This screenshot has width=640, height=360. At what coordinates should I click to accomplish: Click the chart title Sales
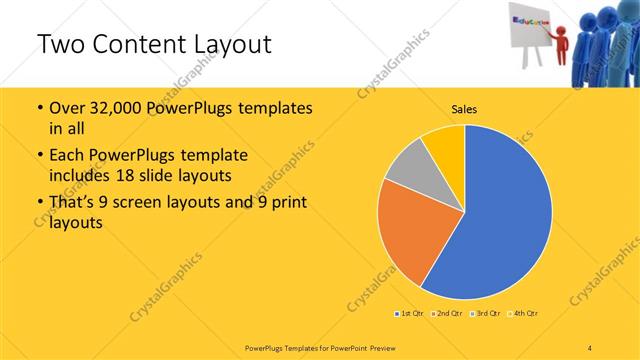465,109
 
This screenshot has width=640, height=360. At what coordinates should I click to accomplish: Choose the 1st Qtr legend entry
409,314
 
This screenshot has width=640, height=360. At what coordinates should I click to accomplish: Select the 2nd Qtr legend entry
446,314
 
